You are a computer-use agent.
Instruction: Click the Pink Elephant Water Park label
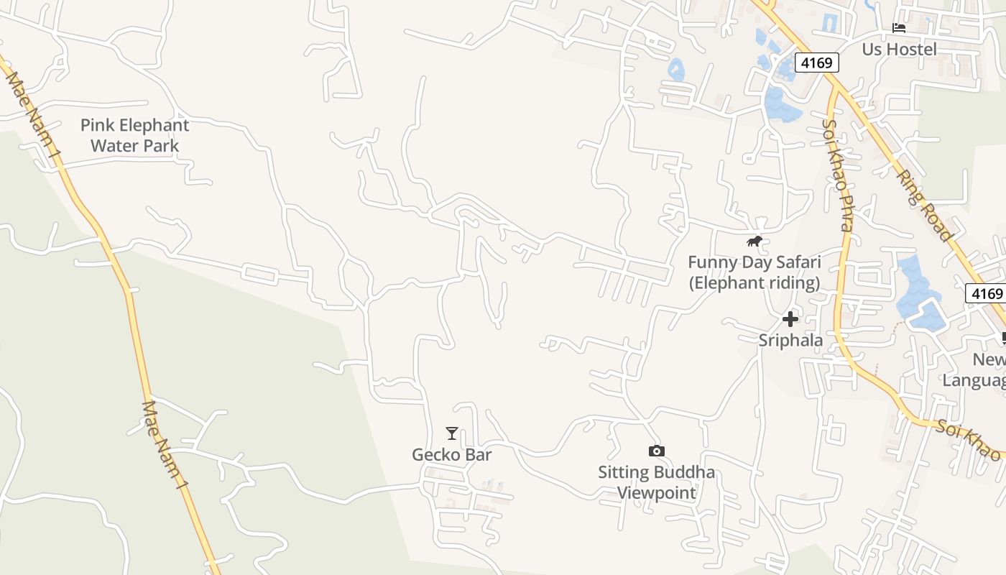tap(134, 135)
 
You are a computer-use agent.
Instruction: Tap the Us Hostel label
tap(899, 49)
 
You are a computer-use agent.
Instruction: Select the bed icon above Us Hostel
tap(898, 28)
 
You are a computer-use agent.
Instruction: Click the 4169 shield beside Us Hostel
tap(816, 63)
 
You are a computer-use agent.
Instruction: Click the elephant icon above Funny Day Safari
tap(754, 241)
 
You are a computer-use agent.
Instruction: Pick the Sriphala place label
tap(790, 340)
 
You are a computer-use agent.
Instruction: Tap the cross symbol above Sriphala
tap(790, 319)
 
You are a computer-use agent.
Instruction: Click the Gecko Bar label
tap(451, 454)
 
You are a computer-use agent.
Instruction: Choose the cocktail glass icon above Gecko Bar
tap(451, 433)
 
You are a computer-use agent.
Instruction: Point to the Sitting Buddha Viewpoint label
tap(656, 482)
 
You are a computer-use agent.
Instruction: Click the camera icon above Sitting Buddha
tap(656, 451)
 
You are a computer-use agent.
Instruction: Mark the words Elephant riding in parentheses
tap(754, 282)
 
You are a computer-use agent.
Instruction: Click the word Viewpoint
tap(657, 493)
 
